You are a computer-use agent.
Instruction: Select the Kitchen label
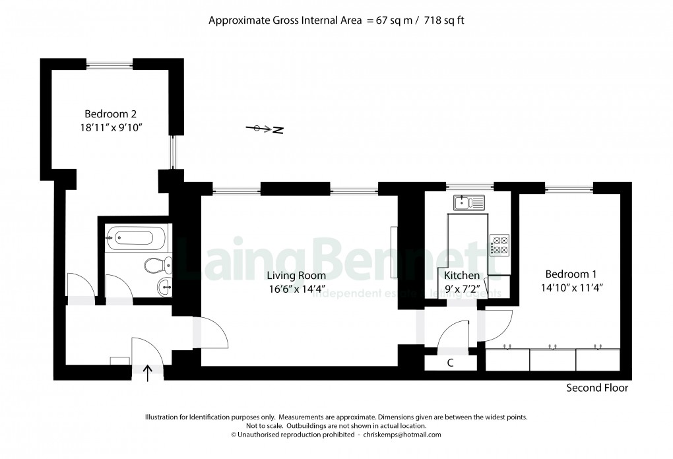tap(462, 275)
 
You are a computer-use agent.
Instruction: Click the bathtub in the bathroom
tap(138, 236)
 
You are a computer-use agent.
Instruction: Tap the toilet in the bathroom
tap(157, 265)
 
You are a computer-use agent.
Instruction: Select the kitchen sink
tap(468, 202)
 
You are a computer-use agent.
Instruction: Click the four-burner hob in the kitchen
tap(499, 245)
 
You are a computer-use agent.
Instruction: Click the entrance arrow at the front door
tap(146, 373)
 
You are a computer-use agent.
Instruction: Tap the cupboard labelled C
tap(450, 363)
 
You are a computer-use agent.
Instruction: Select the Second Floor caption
tap(597, 388)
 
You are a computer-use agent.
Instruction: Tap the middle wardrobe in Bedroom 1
tap(552, 359)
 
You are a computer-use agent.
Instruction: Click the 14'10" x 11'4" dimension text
tap(571, 288)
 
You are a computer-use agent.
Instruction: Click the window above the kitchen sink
tap(469, 187)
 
